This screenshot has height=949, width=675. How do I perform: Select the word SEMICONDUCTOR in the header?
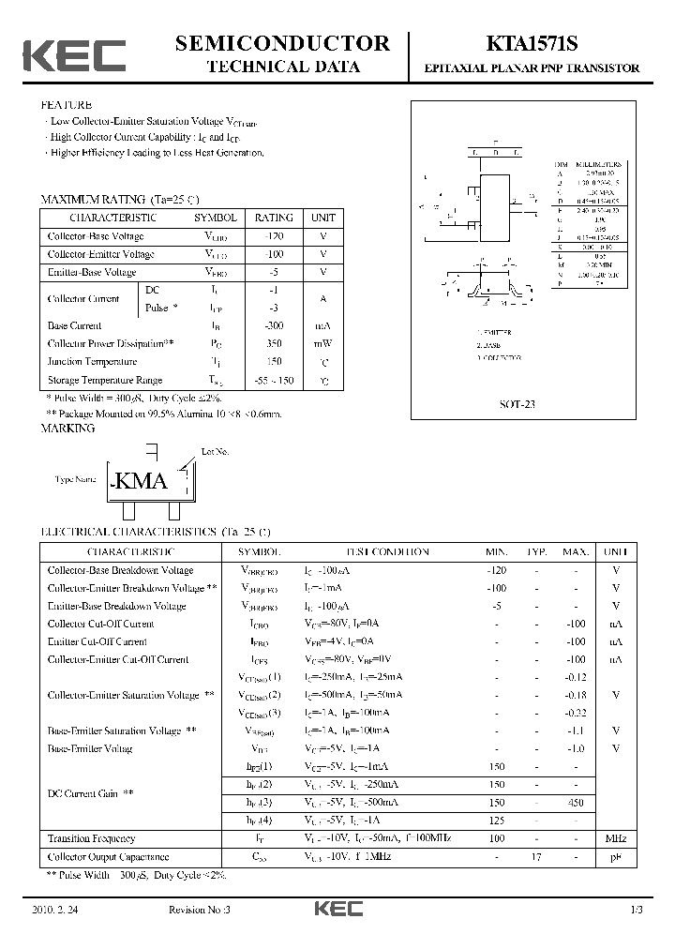pyautogui.click(x=282, y=43)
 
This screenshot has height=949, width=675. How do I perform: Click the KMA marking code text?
pyautogui.click(x=141, y=481)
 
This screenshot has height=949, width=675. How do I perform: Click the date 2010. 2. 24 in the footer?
pyautogui.click(x=52, y=911)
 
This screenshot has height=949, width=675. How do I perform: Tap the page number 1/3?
pyautogui.click(x=637, y=911)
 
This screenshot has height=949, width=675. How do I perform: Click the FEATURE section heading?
pyautogui.click(x=67, y=105)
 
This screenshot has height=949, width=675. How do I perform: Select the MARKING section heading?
pyautogui.click(x=67, y=429)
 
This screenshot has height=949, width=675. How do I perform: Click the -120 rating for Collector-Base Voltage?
pyautogui.click(x=274, y=236)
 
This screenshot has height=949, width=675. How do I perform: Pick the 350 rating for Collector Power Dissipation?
pyautogui.click(x=274, y=343)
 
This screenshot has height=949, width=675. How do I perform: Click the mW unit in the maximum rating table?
pyautogui.click(x=323, y=343)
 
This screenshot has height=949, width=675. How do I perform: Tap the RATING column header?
pyautogui.click(x=274, y=217)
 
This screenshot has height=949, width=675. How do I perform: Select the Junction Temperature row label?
pyautogui.click(x=92, y=361)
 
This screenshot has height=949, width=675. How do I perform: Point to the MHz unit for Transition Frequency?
pyautogui.click(x=615, y=838)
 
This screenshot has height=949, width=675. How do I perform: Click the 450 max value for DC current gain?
pyautogui.click(x=576, y=803)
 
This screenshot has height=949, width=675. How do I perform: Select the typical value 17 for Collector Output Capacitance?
pyautogui.click(x=537, y=856)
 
